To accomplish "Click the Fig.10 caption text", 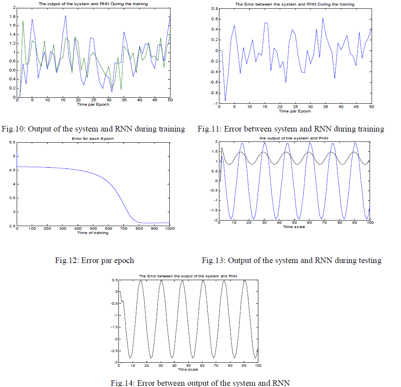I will click(x=93, y=129).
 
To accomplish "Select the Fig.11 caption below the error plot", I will click(x=291, y=129).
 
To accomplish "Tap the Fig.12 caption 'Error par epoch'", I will click(x=94, y=261).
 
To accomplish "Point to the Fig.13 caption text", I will click(x=291, y=261).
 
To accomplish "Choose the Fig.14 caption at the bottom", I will click(x=200, y=383).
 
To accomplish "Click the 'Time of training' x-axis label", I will click(x=93, y=232).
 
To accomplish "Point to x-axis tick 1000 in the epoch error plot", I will click(x=169, y=228).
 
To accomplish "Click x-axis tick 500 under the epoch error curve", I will click(x=93, y=228).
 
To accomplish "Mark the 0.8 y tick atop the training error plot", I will click(x=216, y=8).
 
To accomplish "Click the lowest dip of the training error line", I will click(x=225, y=101).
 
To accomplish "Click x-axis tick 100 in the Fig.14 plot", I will click(x=258, y=366).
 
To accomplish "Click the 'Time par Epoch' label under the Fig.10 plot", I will click(x=93, y=104).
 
